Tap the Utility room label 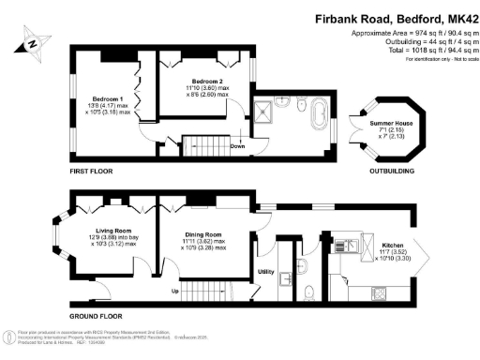[266, 272]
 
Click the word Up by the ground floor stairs [175, 290]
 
